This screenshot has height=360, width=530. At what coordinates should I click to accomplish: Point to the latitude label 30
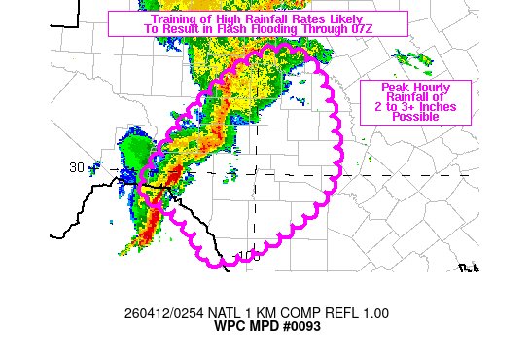click(x=77, y=167)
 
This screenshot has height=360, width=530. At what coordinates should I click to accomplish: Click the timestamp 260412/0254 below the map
click(x=159, y=313)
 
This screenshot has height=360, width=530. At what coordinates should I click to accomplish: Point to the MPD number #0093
click(x=300, y=326)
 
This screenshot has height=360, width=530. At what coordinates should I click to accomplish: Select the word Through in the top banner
click(x=320, y=30)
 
